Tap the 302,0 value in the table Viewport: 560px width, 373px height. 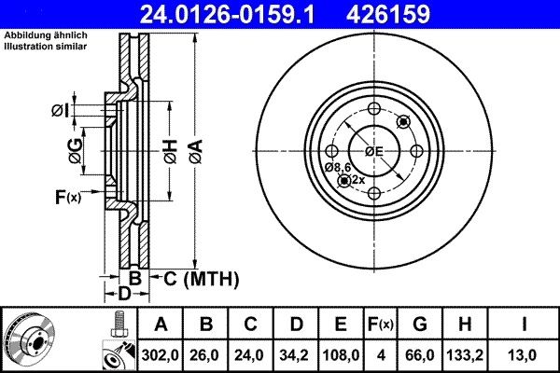tap(161, 355)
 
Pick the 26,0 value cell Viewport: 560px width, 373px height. tap(206, 355)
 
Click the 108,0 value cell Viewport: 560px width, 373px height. tap(342, 355)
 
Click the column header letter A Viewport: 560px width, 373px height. tap(161, 325)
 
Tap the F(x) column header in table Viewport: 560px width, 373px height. tap(381, 325)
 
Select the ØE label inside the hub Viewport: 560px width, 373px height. tap(374, 151)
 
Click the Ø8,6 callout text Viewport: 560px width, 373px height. tap(337, 167)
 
